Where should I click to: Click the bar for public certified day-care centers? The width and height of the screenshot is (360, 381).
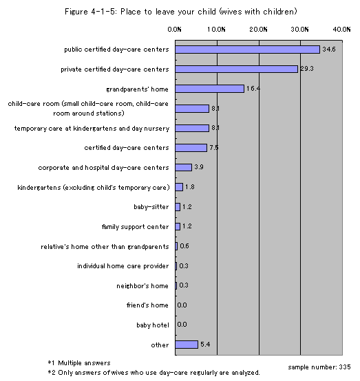click(247, 50)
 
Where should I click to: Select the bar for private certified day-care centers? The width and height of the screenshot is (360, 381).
click(236, 69)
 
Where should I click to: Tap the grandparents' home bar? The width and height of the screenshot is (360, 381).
click(209, 89)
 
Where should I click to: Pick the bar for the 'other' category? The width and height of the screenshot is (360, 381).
click(187, 345)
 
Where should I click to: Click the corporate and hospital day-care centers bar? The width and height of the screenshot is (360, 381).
click(183, 167)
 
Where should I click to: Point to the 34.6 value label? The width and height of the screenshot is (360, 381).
click(329, 50)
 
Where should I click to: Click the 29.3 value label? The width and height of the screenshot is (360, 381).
click(307, 69)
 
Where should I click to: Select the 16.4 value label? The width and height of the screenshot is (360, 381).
click(253, 89)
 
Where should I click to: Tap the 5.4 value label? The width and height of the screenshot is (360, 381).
click(205, 345)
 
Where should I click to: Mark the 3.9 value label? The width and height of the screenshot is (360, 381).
click(199, 167)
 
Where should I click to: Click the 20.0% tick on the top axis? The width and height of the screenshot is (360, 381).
click(258, 30)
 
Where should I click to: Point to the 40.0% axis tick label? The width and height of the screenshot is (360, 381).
click(341, 30)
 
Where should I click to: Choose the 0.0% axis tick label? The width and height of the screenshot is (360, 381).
click(174, 30)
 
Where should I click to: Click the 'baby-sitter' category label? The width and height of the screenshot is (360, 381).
click(151, 207)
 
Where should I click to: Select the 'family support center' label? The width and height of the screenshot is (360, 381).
click(135, 227)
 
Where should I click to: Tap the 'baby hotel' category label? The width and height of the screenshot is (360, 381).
click(153, 325)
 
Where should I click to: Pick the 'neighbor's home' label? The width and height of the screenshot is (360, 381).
click(142, 286)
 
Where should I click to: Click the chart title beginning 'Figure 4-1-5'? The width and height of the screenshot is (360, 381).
click(181, 12)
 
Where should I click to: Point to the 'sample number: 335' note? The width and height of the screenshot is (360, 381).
click(319, 367)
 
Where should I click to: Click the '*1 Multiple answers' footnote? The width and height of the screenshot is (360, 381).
click(79, 363)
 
